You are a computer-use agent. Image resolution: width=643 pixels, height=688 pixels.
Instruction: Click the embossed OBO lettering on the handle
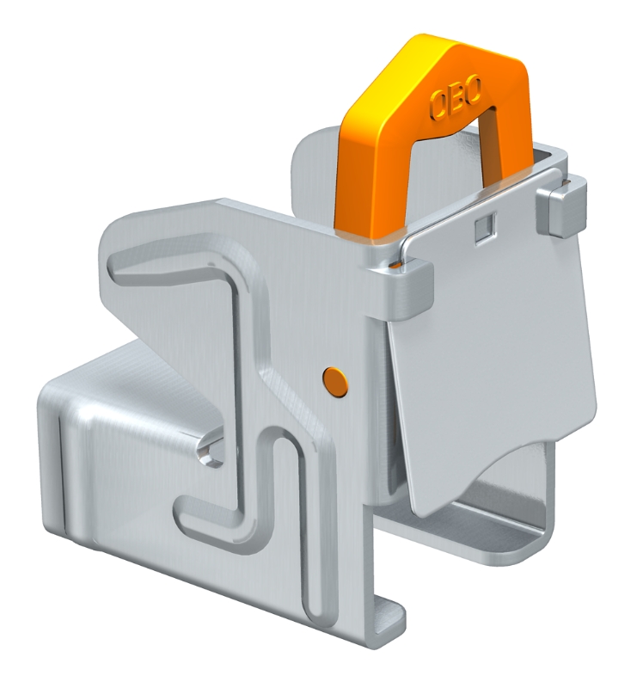pos(456,99)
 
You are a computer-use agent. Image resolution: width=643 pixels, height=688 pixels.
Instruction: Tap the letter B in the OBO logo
pos(456,98)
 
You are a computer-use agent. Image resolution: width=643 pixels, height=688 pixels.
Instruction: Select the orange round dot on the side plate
pos(335,383)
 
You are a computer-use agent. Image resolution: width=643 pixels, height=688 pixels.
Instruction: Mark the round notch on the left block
pos(211,451)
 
